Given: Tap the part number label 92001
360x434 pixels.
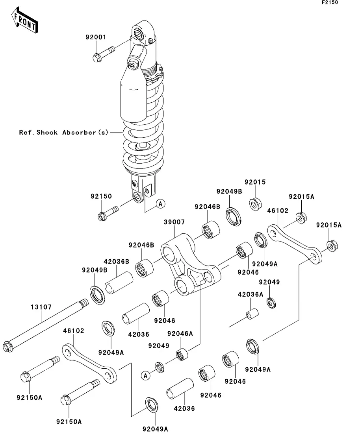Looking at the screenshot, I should [x=96, y=38].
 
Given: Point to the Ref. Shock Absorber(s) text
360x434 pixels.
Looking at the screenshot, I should [x=63, y=132].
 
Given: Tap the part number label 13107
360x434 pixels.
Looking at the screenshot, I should [x=41, y=307].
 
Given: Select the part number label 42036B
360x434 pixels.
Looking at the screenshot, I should [x=117, y=261].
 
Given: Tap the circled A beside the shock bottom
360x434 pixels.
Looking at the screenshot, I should [x=160, y=203].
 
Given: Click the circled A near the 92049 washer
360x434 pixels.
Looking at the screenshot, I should [x=146, y=376].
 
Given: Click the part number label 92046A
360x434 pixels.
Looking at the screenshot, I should [x=180, y=334].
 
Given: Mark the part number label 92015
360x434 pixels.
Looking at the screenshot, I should [x=255, y=183].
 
